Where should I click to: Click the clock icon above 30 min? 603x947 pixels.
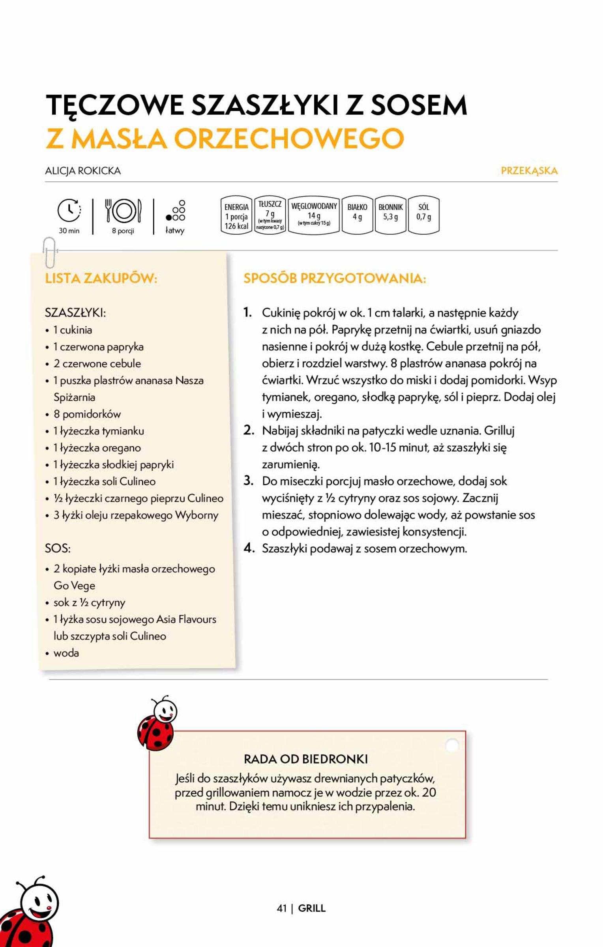click(69, 210)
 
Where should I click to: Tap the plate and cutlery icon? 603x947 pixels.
click(123, 211)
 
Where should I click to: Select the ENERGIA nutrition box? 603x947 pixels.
click(236, 215)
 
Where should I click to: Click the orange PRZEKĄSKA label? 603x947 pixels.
click(529, 171)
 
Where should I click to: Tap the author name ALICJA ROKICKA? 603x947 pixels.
click(83, 171)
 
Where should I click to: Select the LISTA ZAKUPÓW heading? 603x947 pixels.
click(101, 279)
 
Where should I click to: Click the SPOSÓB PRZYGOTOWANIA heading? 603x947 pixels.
click(335, 279)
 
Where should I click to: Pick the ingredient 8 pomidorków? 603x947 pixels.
click(87, 414)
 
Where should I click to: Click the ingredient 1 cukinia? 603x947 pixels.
click(73, 330)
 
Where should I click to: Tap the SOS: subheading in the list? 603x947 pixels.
click(58, 548)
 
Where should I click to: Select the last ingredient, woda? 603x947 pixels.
click(66, 653)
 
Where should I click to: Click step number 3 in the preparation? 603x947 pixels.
click(248, 481)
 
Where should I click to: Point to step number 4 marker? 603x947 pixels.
click(249, 548)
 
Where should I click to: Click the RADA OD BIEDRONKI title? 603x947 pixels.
click(305, 758)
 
